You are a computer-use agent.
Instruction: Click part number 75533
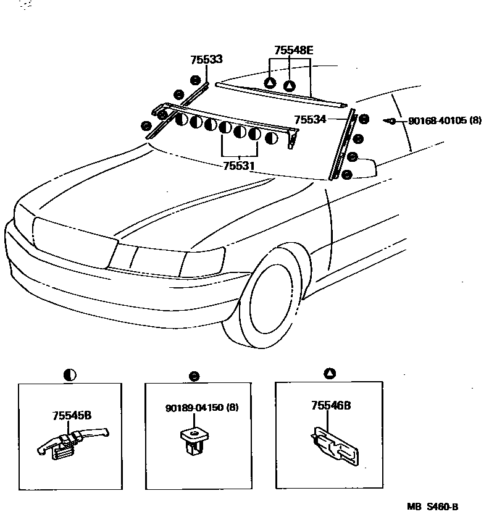[206, 60]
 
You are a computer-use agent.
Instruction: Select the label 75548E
[294, 51]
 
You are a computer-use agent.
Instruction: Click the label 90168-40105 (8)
[445, 120]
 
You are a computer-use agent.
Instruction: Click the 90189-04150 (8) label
[201, 408]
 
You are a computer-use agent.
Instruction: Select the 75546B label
[331, 405]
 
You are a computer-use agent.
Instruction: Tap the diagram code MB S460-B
[432, 507]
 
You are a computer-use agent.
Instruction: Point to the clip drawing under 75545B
[69, 446]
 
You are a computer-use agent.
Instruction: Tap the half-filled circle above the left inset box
[69, 374]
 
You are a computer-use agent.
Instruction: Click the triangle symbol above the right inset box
[330, 372]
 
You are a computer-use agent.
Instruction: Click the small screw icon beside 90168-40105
[390, 120]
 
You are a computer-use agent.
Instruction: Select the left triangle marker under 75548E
[270, 83]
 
